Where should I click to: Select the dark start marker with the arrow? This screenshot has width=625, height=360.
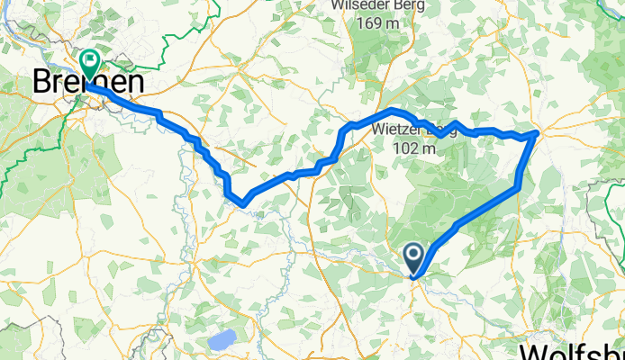tap(415, 258)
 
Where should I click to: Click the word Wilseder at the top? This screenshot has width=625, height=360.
tap(363, 4)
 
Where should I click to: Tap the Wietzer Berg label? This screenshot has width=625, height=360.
tap(414, 131)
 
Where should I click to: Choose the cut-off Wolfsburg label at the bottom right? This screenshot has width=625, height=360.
tap(575, 351)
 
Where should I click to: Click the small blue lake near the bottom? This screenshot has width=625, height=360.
tap(222, 340)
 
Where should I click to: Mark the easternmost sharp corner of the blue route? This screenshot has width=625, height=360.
tap(538, 132)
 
